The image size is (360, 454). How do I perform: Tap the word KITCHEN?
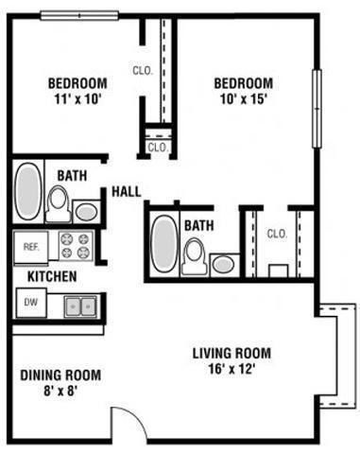point(52,277)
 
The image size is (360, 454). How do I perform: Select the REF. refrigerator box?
point(30,246)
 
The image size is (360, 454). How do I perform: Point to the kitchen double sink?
point(80,306)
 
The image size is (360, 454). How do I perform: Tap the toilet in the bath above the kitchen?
point(59,201)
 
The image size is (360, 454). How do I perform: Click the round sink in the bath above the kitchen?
point(87,211)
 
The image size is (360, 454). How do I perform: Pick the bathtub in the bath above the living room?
point(164,244)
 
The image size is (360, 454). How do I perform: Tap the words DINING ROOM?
point(60,375)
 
